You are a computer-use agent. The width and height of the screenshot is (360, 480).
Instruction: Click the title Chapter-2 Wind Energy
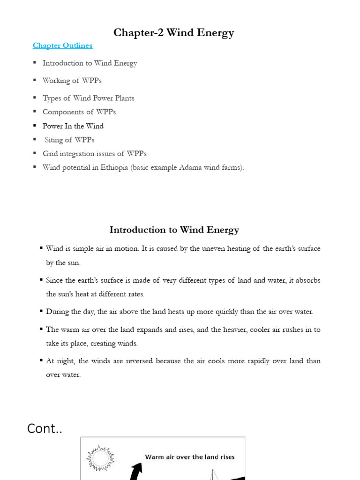174,32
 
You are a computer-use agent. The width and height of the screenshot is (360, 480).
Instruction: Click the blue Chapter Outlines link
62,45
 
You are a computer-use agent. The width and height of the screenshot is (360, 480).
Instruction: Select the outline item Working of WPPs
72,81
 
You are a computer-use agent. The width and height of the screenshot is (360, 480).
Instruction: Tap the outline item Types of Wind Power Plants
88,98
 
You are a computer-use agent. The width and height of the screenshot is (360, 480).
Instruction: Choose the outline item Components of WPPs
79,112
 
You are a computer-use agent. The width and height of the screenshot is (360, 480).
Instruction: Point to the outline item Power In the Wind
73,126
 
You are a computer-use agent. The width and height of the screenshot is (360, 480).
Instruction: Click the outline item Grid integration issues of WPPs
94,154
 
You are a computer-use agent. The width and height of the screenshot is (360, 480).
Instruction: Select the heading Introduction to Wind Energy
174,230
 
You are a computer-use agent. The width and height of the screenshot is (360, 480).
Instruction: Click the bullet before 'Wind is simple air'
42,248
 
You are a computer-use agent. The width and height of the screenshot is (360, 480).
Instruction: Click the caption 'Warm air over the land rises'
190,457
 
